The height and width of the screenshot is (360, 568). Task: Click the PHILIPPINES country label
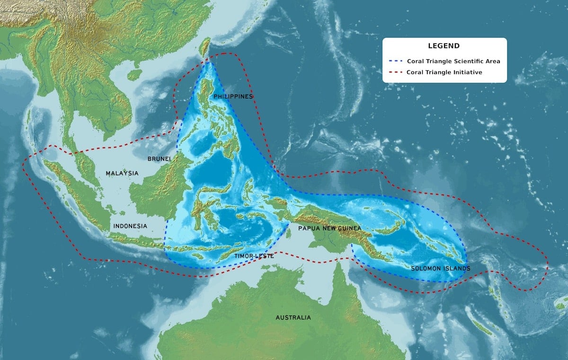[233, 97]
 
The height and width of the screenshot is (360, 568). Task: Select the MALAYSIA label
[122, 173]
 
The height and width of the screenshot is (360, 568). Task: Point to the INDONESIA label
[130, 226]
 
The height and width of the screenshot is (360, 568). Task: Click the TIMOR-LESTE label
[254, 256]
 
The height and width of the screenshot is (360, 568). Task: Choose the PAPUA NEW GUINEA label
[329, 228]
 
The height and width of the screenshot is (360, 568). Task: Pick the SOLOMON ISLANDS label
[440, 269]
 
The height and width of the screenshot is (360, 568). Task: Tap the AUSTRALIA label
[293, 317]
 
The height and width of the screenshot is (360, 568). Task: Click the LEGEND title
[444, 46]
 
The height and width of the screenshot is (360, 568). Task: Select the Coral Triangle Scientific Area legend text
[453, 61]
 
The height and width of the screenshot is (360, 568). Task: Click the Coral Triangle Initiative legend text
[444, 72]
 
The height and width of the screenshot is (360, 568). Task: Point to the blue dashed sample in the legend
[398, 61]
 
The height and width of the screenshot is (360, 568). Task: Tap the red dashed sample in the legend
[398, 72]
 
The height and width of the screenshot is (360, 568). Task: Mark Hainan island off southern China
[134, 74]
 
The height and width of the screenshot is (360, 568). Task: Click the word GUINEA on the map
[349, 228]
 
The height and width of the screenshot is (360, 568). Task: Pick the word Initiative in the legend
[467, 72]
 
